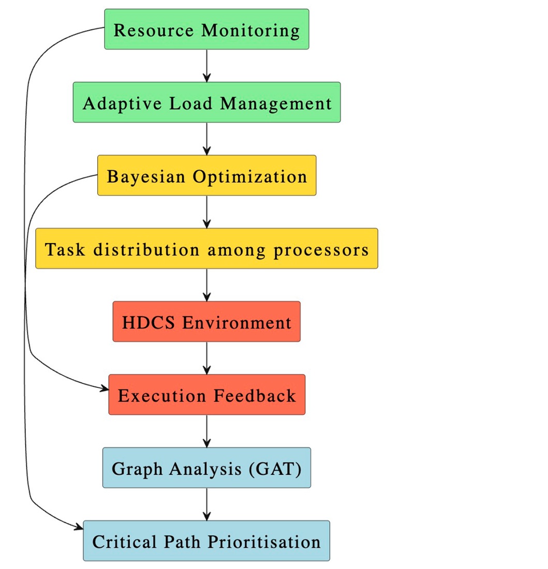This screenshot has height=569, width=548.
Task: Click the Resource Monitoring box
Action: pyautogui.click(x=206, y=29)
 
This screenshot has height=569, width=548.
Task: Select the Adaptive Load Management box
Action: pyautogui.click(x=206, y=102)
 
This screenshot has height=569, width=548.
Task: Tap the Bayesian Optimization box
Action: pyautogui.click(x=206, y=175)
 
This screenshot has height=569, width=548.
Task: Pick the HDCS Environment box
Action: pyautogui.click(x=206, y=322)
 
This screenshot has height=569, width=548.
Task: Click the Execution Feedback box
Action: pyautogui.click(x=206, y=395)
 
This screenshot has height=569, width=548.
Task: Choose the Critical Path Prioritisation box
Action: pyautogui.click(x=206, y=541)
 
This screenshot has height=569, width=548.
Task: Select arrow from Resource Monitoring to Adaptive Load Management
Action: pyautogui.click(x=206, y=66)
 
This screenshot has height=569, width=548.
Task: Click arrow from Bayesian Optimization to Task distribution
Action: pyautogui.click(x=206, y=212)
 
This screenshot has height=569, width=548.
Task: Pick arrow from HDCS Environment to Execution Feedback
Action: pyautogui.click(x=206, y=358)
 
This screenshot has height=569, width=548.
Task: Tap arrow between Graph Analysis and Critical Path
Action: pyautogui.click(x=206, y=504)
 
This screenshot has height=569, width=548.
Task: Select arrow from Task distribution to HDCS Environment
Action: pyautogui.click(x=206, y=285)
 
